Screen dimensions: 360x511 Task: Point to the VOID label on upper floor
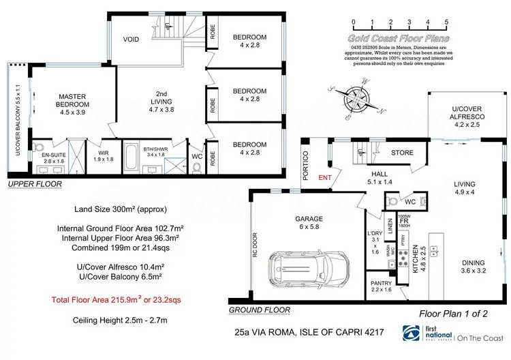pyautogui.click(x=131, y=40)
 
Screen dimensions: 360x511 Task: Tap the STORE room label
pyautogui.click(x=401, y=153)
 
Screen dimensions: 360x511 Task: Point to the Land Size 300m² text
pyautogui.click(x=119, y=209)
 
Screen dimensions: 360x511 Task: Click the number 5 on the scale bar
pyautogui.click(x=446, y=22)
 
